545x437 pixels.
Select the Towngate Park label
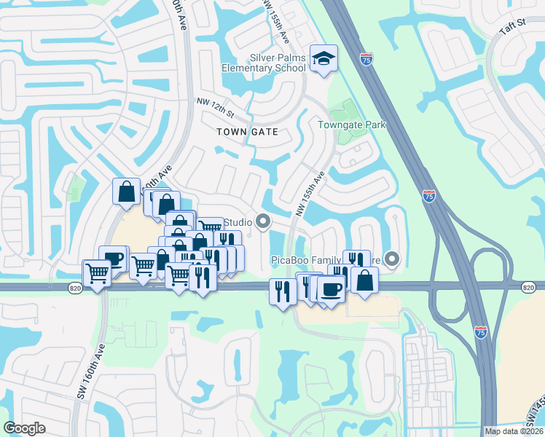click(x=351, y=125)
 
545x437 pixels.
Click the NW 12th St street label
click(x=215, y=108)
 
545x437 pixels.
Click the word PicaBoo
click(x=291, y=259)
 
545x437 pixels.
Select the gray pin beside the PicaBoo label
click(x=393, y=259)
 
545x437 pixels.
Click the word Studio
click(x=238, y=222)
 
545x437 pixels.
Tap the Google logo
click(x=24, y=428)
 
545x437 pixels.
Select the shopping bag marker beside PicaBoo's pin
click(x=364, y=279)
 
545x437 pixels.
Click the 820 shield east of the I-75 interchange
click(x=529, y=288)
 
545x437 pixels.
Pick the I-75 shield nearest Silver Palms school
click(x=366, y=59)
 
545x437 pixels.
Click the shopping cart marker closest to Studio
click(x=210, y=229)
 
